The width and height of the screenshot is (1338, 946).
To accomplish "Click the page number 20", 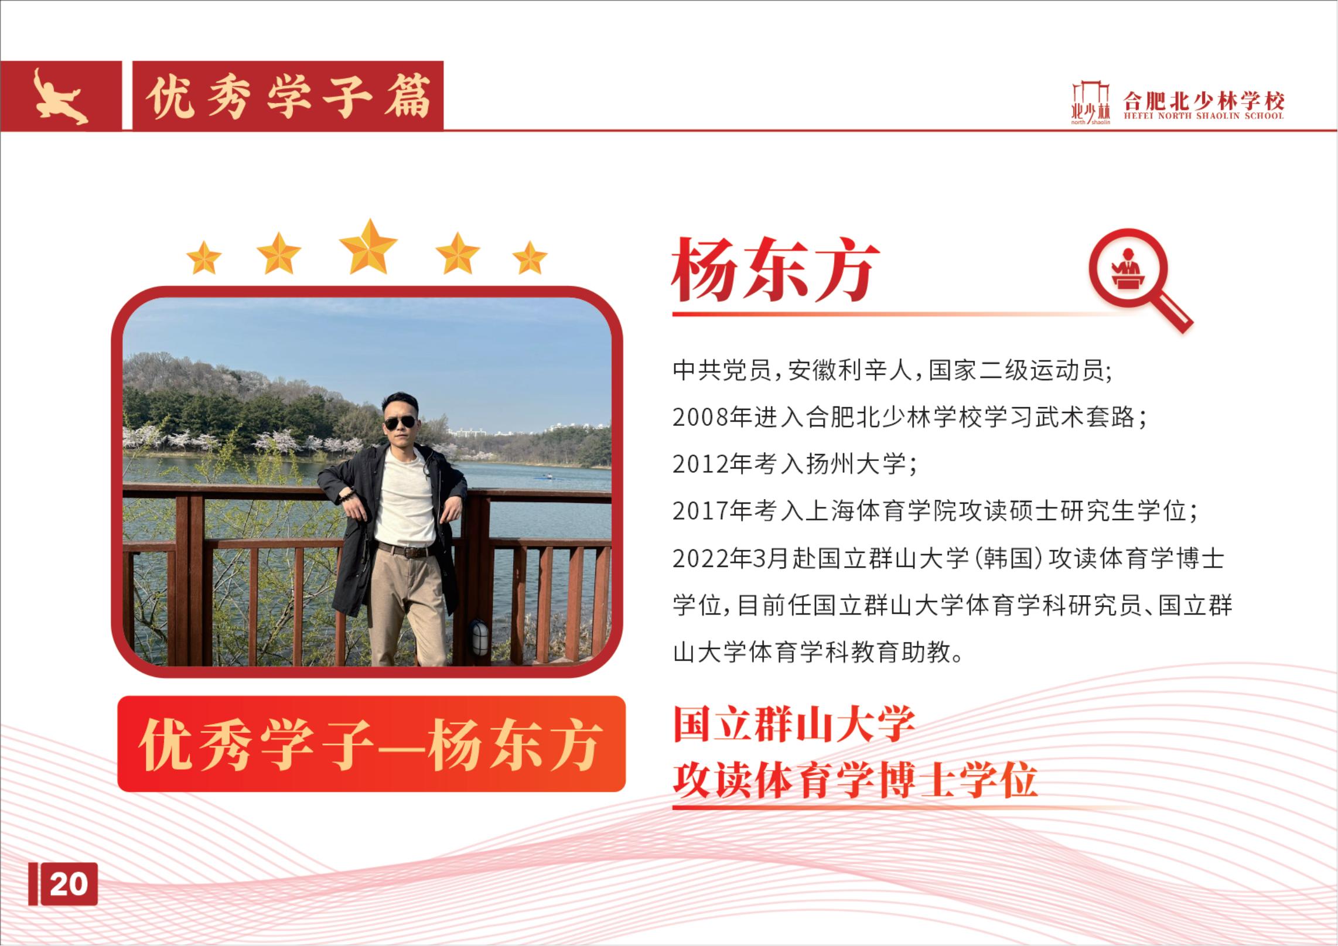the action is click(x=69, y=883).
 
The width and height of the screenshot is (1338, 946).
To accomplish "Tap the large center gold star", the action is click(x=368, y=247).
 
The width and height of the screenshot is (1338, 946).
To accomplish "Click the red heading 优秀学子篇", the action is click(x=288, y=97).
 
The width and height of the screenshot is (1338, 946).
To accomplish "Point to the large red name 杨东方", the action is click(x=776, y=270).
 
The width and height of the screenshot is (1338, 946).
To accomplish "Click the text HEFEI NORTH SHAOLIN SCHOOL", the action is click(x=1203, y=116).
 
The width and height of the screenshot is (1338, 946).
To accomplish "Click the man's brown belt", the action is click(x=404, y=551).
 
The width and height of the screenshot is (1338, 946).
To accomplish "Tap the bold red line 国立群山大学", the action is click(x=794, y=725).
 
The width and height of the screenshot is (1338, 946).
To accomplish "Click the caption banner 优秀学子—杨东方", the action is click(x=371, y=744).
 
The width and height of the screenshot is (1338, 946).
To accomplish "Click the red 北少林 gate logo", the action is click(x=1091, y=103).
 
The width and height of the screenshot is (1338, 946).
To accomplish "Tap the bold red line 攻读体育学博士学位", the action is click(x=855, y=780).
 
